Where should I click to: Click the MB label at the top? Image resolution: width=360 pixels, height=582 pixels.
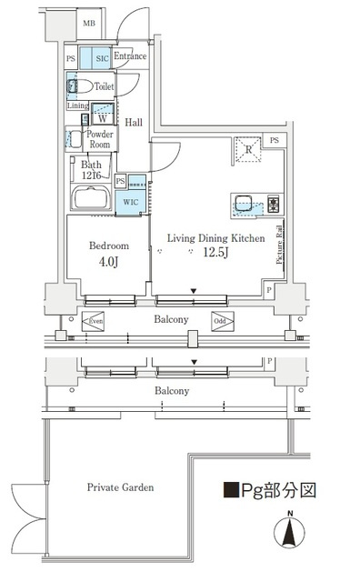(89, 24)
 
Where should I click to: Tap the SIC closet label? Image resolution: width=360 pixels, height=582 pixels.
(102, 58)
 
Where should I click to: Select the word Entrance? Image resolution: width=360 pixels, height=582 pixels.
(130, 56)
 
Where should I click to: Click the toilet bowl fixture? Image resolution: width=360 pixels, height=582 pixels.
(80, 86)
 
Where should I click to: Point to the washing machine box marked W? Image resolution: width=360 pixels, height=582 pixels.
(103, 114)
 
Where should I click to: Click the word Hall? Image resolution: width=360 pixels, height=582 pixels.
(134, 122)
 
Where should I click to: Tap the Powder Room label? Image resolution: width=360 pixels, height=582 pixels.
(100, 139)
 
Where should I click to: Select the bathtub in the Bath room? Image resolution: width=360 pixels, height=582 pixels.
(91, 197)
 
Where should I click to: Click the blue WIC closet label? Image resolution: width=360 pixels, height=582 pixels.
(131, 202)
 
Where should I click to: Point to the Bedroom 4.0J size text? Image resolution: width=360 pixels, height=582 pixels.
(108, 262)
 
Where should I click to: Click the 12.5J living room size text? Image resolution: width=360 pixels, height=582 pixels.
(215, 253)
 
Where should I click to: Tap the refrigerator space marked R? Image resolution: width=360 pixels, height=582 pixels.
(248, 149)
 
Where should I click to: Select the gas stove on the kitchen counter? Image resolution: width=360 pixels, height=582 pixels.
(273, 205)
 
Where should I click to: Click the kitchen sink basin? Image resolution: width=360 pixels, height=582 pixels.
(243, 205)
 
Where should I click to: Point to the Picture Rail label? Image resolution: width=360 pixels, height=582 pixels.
(279, 245)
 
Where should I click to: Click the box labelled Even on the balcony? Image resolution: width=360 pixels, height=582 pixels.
(93, 321)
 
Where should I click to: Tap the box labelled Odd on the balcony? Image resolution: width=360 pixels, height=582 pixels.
(223, 321)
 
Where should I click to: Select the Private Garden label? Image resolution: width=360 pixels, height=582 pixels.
(120, 487)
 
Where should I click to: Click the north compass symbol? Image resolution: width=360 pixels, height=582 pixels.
(289, 531)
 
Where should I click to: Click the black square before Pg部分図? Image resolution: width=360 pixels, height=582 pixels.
(231, 490)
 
